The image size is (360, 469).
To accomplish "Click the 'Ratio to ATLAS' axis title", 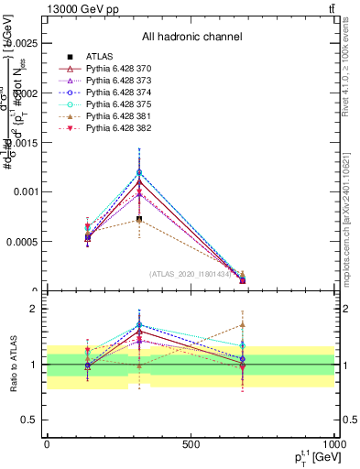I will coord(12,365).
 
